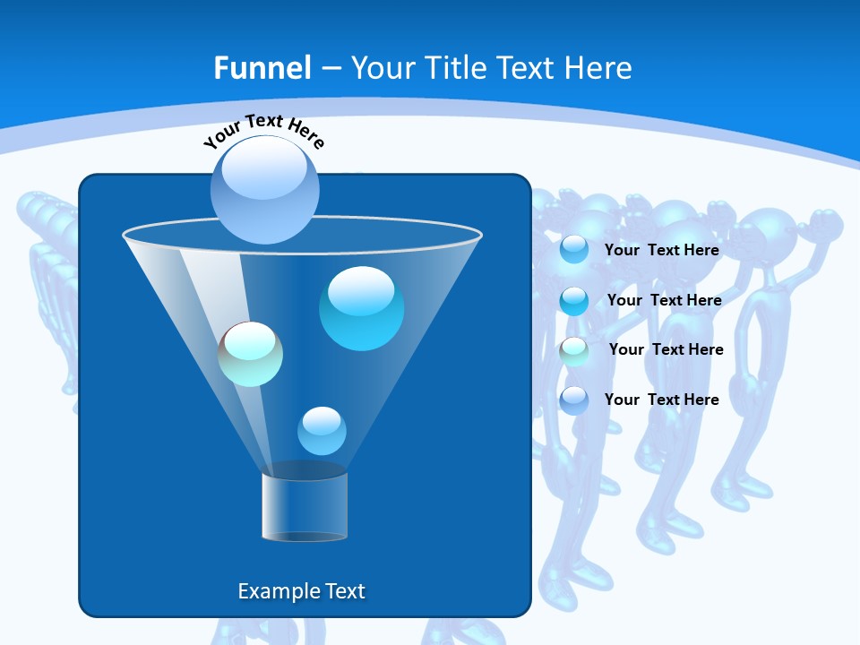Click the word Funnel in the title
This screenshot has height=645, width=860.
tap(262, 68)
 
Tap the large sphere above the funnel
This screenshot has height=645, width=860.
tap(264, 189)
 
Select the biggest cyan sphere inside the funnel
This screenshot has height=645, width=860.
tap(361, 308)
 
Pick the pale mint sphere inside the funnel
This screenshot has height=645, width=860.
tap(250, 354)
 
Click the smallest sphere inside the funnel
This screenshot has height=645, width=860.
tap(322, 431)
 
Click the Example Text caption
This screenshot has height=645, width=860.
tap(301, 591)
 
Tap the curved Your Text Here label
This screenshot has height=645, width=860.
tap(263, 132)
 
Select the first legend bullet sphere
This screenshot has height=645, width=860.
tap(574, 250)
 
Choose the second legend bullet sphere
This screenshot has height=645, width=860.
tap(574, 300)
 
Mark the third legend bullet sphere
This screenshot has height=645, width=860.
tap(574, 350)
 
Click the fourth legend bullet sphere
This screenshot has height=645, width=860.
tap(574, 400)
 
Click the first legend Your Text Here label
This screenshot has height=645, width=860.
tap(661, 250)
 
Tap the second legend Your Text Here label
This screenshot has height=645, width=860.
tap(664, 300)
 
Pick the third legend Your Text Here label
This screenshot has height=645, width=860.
tap(666, 349)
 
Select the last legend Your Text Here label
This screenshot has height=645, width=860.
tap(661, 400)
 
